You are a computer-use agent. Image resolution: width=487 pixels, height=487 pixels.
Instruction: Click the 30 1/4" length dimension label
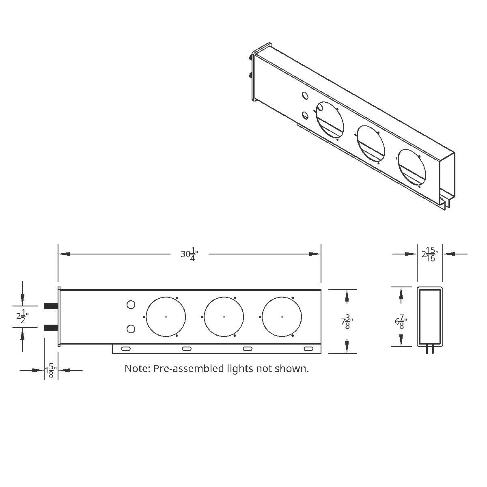pos(189,254)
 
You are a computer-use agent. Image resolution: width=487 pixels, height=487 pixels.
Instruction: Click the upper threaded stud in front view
pos(51,305)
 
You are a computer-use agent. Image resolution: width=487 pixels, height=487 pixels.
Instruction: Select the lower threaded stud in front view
pos(51,328)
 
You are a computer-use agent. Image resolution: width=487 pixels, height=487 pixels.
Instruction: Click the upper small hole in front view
pos(131,304)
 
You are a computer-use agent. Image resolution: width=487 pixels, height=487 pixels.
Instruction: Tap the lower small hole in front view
pos(131,329)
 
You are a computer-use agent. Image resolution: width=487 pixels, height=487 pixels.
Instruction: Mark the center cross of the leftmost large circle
pos(166,317)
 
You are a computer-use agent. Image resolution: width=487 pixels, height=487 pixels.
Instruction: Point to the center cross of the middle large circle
pos(224,317)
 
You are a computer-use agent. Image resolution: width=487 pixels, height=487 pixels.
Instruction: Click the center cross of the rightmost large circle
pos(282,317)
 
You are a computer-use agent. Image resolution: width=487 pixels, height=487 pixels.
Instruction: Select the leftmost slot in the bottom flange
pos(126,349)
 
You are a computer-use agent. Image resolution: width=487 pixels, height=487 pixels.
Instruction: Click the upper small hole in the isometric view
pos(304,96)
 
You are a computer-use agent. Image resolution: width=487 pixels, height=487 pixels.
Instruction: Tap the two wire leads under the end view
pos(430,350)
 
